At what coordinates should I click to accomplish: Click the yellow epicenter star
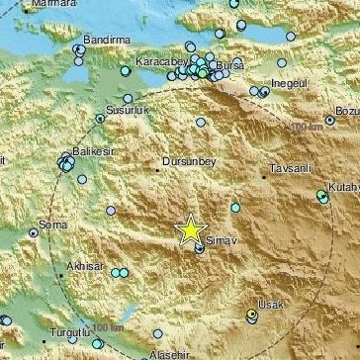(189, 229)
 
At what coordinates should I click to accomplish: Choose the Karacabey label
(158, 60)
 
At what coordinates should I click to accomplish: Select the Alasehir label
(160, 353)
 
